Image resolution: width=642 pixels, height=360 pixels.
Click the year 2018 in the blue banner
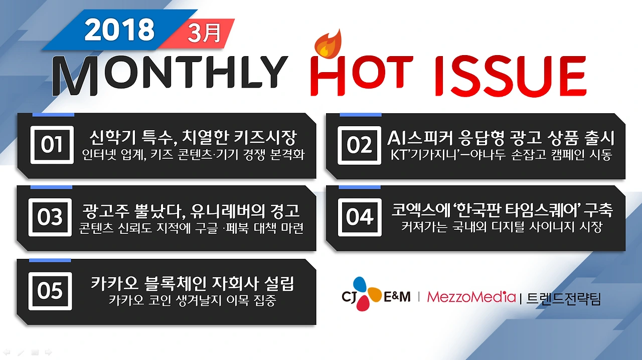(x=119, y=31)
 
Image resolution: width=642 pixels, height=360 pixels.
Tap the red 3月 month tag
(x=204, y=34)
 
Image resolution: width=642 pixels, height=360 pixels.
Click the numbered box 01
(x=51, y=145)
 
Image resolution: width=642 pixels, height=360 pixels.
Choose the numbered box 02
(x=359, y=145)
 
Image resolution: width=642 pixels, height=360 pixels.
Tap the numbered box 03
(x=50, y=217)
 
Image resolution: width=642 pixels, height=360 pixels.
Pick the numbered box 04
(x=359, y=217)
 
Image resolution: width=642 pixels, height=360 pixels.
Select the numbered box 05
(x=50, y=291)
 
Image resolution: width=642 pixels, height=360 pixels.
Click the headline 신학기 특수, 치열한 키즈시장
(x=194, y=137)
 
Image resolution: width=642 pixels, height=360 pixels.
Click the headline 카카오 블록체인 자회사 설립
(x=193, y=283)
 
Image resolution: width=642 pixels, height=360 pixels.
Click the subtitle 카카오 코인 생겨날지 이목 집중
(x=192, y=300)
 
